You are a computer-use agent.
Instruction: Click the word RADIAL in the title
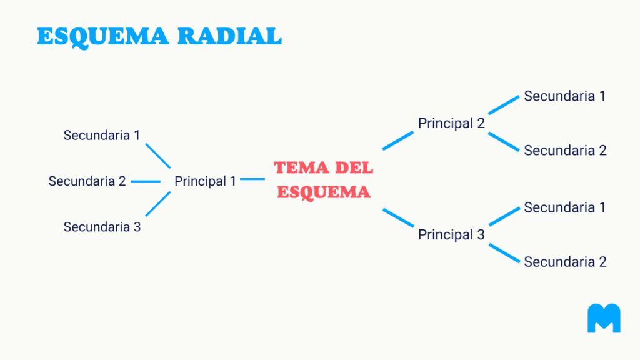click(230, 36)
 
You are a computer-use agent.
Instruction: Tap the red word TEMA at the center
click(301, 167)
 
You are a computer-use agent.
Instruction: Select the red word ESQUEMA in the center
click(324, 192)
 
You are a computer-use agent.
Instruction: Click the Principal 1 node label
click(205, 181)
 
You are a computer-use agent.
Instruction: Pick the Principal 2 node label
click(451, 123)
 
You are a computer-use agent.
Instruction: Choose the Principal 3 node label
click(451, 235)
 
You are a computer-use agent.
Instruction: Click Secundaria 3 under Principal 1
click(102, 226)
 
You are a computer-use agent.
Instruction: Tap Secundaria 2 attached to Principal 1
click(87, 181)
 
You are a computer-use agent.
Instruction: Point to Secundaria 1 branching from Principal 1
click(102, 135)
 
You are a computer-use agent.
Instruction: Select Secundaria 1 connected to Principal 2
click(565, 96)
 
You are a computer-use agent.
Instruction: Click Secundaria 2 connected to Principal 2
click(565, 150)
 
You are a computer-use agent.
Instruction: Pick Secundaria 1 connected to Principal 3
click(565, 207)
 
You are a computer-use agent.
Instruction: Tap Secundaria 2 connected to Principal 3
click(565, 262)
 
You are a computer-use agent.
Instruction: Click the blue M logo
click(604, 318)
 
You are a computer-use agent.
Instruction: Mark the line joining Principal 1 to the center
click(252, 179)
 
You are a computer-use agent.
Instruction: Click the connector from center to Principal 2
click(398, 141)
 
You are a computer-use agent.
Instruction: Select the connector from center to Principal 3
click(398, 217)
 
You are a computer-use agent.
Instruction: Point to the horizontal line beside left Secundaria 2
click(146, 181)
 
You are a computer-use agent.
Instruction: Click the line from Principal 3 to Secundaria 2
click(504, 253)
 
